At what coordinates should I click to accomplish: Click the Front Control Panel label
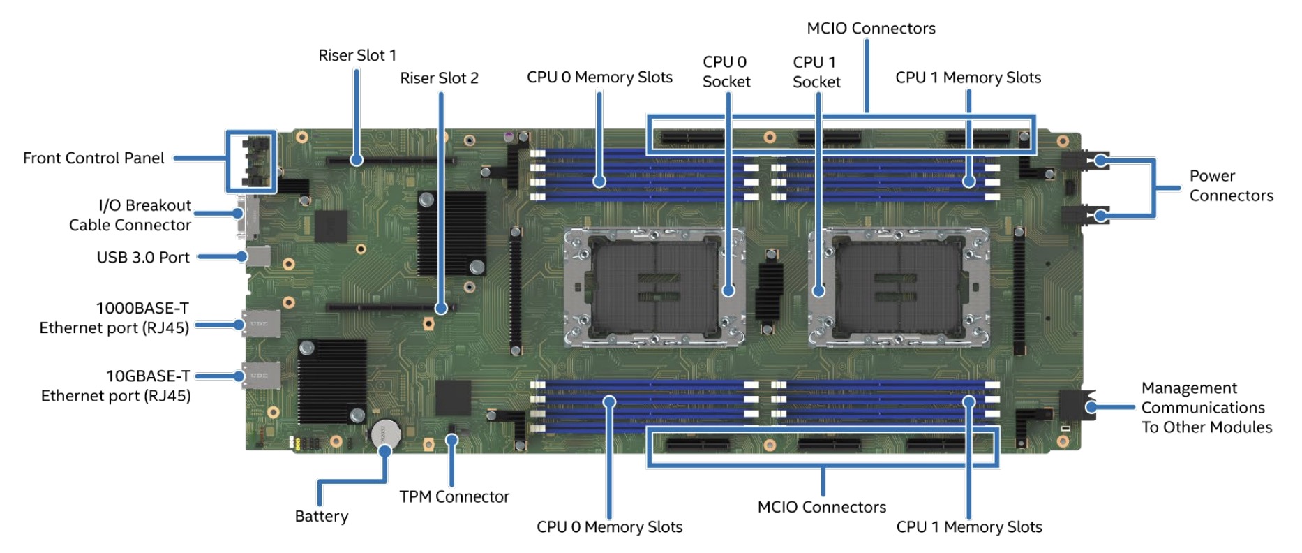93,158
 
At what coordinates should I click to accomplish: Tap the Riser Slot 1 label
357,56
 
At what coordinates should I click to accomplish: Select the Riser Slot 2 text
439,78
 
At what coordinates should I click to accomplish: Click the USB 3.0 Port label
143,258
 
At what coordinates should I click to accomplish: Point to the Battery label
321,517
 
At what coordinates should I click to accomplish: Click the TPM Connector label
454,497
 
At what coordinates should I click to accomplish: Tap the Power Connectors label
1231,186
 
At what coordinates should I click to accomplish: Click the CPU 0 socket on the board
654,287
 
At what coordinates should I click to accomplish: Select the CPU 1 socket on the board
899,287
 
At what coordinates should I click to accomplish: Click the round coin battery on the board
385,434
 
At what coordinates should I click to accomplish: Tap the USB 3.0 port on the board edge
259,256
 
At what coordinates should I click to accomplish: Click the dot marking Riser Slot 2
441,308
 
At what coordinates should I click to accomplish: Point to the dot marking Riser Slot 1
357,160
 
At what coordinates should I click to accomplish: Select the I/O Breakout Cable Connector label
130,215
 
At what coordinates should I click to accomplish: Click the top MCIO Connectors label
871,29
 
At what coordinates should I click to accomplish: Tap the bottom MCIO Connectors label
821,508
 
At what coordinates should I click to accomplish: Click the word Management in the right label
1189,388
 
